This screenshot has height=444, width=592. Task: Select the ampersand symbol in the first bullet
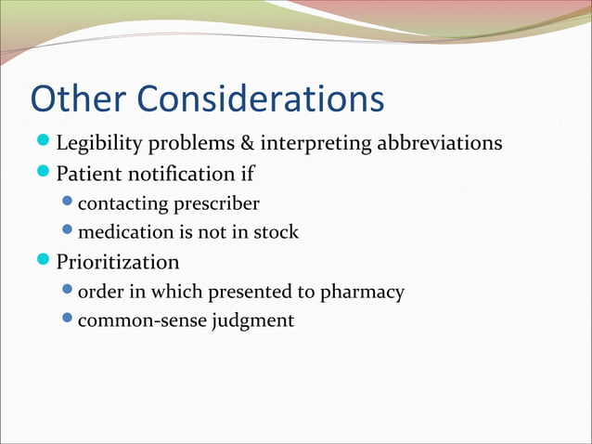246,145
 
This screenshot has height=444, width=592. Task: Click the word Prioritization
118,261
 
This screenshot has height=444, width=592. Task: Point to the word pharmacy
363,292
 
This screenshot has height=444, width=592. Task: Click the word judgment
248,321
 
